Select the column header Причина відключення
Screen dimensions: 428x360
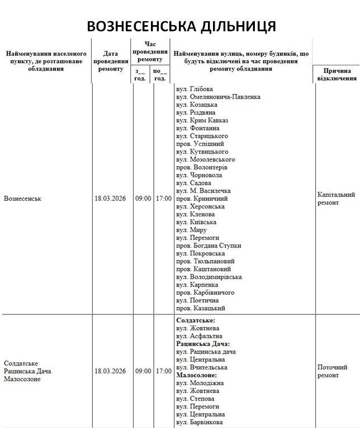coord(337,74)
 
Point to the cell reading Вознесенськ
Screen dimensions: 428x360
coord(22,198)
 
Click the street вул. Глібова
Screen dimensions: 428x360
coord(194,89)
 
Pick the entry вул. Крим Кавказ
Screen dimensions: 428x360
coord(202,120)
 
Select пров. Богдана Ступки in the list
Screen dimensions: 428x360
coord(205,245)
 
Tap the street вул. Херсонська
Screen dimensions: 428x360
coord(200,206)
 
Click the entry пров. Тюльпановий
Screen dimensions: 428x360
coord(205,261)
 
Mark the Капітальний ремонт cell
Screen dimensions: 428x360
coord(336,198)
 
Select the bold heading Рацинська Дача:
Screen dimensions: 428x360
coord(203,344)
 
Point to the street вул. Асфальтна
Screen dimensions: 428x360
coord(199,336)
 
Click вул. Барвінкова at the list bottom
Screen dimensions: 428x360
coord(201,422)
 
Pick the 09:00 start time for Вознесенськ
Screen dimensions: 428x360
coord(143,198)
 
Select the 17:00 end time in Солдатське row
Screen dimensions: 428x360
coord(164,371)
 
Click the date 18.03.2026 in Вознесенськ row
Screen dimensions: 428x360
coord(110,198)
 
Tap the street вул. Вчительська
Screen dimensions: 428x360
coord(201,367)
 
